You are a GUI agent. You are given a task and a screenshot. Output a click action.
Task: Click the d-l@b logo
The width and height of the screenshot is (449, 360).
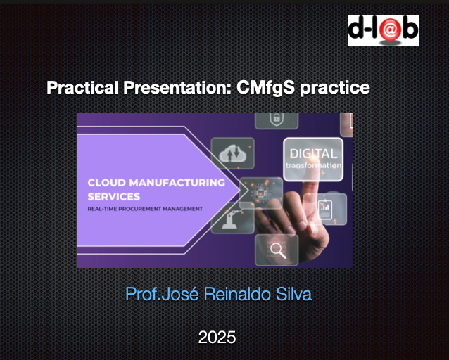[x=383, y=30]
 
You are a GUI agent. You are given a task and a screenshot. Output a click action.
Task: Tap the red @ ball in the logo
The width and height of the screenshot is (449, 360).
[x=389, y=30]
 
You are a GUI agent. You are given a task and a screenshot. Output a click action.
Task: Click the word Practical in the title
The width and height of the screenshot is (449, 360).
[x=82, y=87]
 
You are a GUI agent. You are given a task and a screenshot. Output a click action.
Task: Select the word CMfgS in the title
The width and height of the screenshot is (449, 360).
[x=265, y=87]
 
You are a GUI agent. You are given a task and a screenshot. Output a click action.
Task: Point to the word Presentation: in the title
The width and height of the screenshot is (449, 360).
[x=177, y=87]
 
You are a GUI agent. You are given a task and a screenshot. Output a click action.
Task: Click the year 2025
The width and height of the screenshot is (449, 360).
[x=217, y=337]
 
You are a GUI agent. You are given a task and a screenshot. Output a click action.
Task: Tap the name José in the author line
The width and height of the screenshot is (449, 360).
[x=180, y=294]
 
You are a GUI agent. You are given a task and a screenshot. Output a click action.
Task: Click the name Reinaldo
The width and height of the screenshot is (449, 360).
[x=237, y=294]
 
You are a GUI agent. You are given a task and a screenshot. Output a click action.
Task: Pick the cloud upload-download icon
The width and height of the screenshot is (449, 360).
[x=232, y=153]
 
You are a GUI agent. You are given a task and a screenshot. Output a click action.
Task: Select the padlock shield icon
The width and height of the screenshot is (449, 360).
[x=277, y=118]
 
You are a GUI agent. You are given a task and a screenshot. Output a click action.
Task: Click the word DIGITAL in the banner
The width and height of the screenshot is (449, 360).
[x=313, y=154]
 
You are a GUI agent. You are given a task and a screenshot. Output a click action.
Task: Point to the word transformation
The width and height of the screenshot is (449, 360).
[x=313, y=165]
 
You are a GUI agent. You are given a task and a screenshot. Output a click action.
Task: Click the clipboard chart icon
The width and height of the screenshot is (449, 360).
[x=325, y=210]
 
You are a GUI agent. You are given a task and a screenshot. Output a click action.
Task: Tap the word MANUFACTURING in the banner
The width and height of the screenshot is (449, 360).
[x=177, y=183]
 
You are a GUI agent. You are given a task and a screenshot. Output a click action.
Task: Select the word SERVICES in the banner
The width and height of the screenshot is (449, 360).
[x=114, y=197]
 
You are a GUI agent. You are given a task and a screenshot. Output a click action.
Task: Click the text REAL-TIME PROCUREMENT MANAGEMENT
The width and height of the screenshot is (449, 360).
[x=145, y=209]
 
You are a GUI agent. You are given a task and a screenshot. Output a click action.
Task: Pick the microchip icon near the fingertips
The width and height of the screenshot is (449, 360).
[x=260, y=193]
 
